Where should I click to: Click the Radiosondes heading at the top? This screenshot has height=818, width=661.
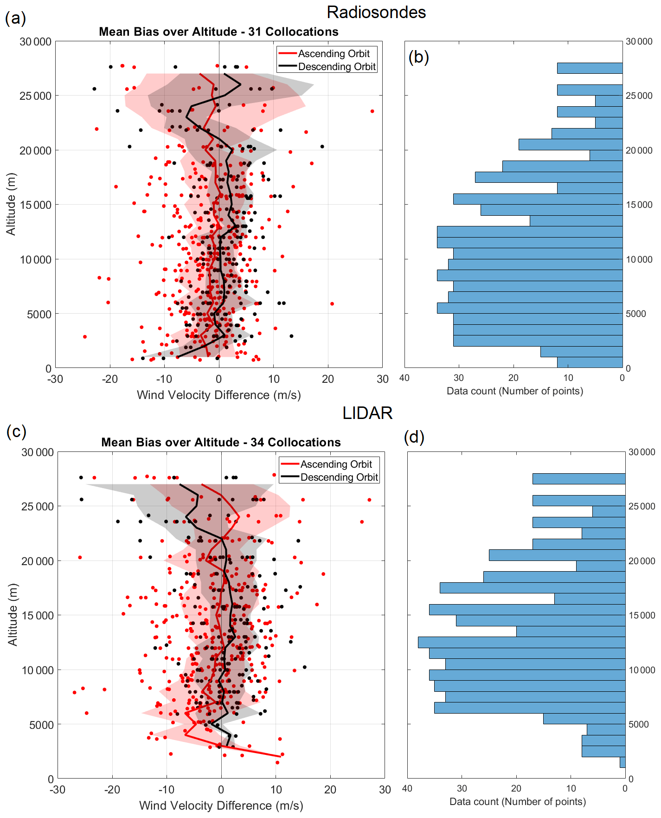pos(376,13)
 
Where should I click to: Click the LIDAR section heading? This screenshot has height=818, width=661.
pos(367,413)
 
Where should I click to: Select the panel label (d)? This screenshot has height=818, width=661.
pos(414,437)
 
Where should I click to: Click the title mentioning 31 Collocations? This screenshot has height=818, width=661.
pos(218,32)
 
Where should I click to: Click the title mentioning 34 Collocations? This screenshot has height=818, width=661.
pos(221,442)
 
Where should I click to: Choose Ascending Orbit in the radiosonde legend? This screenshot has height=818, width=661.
pos(334,53)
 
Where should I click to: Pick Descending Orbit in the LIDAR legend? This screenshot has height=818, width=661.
pos(339,477)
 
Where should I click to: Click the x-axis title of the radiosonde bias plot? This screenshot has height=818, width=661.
pos(218,395)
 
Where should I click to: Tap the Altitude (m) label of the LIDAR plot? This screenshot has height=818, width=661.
pos(13,614)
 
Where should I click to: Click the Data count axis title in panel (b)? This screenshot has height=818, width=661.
pos(514,391)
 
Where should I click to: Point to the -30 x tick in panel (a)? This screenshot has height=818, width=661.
pos(55,379)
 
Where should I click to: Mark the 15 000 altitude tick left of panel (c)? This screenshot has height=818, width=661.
pos(38,615)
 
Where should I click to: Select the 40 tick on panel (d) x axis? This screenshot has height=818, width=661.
pos(407,788)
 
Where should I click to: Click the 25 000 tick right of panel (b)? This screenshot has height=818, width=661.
pos(639,96)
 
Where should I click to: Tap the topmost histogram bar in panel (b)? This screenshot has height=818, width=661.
pos(590,68)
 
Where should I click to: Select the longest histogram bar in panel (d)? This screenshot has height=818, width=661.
pos(521,642)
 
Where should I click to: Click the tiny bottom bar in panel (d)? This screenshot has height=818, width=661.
pos(622,762)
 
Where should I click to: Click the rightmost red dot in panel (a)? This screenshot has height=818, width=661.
pos(372,111)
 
